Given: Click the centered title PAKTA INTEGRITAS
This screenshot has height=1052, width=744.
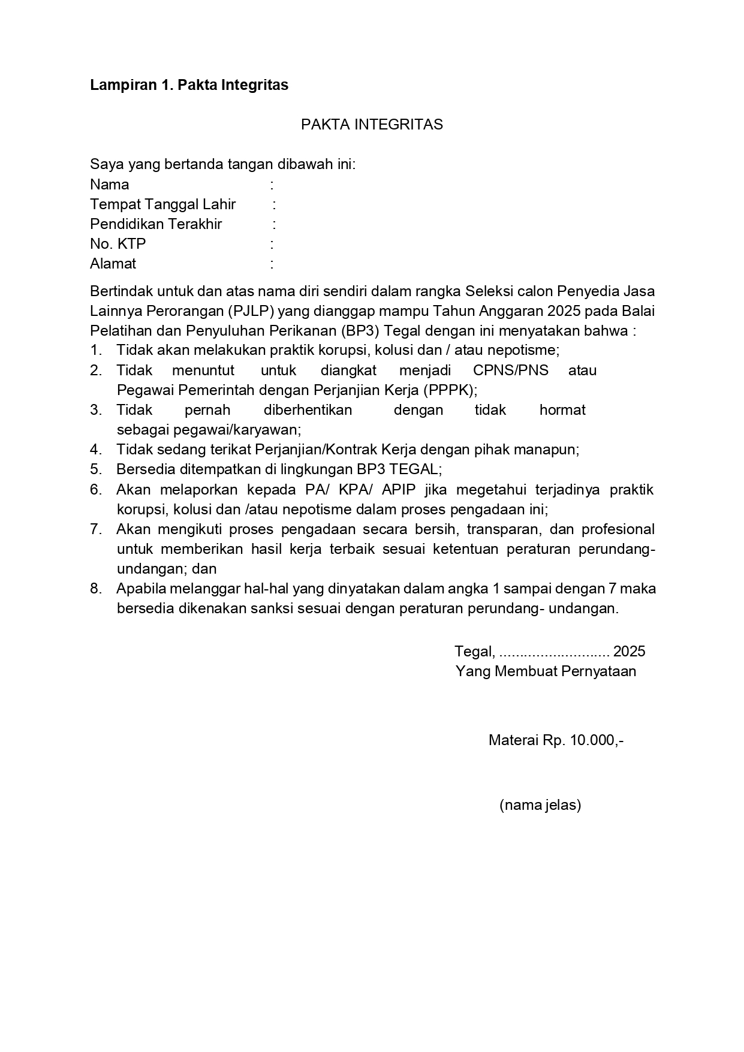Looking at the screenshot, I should coord(372,125).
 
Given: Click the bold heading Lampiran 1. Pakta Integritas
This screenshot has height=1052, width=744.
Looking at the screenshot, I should coord(189,85).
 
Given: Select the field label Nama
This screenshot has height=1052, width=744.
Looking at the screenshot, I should coord(109,185).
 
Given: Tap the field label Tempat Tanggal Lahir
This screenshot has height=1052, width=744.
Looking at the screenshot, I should coord(162,204).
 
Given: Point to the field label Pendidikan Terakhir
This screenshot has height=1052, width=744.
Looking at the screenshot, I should coord(156,224).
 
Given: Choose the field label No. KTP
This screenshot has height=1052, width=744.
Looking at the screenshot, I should coord(118,244).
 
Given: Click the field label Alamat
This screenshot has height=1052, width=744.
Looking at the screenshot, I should coord(113,264).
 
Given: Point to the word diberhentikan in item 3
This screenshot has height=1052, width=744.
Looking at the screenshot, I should coord(308,410).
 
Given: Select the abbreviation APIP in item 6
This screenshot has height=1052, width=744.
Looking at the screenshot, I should coord(398,490).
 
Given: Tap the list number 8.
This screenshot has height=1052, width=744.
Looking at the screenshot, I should coord(95,589).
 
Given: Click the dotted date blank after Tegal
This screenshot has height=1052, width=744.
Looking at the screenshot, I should coord(554,652).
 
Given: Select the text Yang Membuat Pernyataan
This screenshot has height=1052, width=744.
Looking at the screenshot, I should coord(546,671).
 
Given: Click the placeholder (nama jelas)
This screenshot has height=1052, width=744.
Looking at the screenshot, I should coord(540,805).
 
